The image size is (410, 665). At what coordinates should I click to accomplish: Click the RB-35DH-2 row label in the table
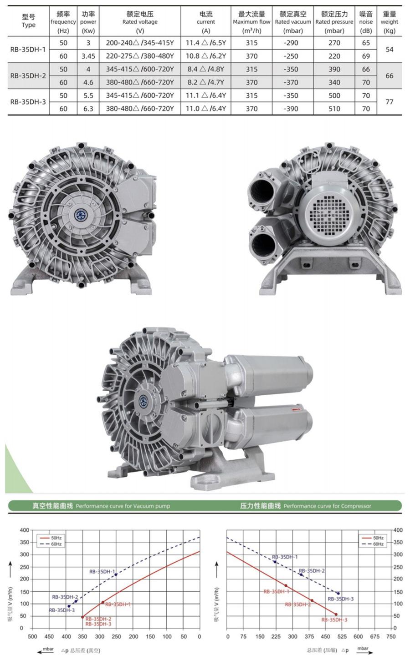28,76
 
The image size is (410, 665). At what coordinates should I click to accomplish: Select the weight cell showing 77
389,102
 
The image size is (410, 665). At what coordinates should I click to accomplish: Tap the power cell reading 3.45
88,56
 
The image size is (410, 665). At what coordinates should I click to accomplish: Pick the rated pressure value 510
334,109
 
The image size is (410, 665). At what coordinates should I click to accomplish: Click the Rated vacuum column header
293,22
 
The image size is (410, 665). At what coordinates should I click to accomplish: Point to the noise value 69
366,56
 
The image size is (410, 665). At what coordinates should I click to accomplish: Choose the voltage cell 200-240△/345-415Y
140,43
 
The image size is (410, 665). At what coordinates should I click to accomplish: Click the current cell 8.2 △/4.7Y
206,82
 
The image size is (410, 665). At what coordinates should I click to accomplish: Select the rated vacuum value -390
291,109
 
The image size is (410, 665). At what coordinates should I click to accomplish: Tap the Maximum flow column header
251,22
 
